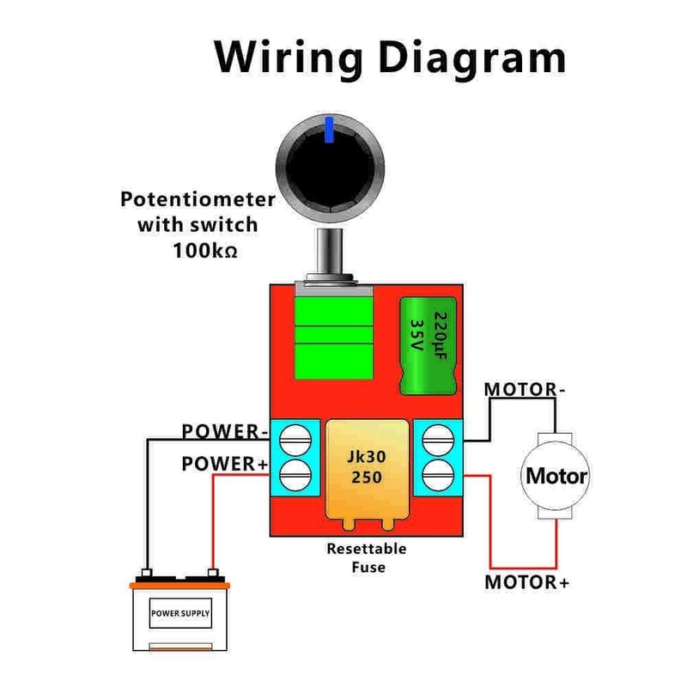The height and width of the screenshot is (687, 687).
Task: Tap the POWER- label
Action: [225, 430]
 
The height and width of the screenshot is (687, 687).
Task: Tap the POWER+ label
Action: [225, 465]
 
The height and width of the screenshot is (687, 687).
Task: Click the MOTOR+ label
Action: [527, 581]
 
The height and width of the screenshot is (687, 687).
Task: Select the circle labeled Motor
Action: [556, 476]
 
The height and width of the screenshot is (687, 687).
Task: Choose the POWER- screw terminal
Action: [295, 439]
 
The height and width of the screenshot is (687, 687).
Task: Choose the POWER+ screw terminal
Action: [295, 471]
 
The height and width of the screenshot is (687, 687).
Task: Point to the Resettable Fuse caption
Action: [367, 558]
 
